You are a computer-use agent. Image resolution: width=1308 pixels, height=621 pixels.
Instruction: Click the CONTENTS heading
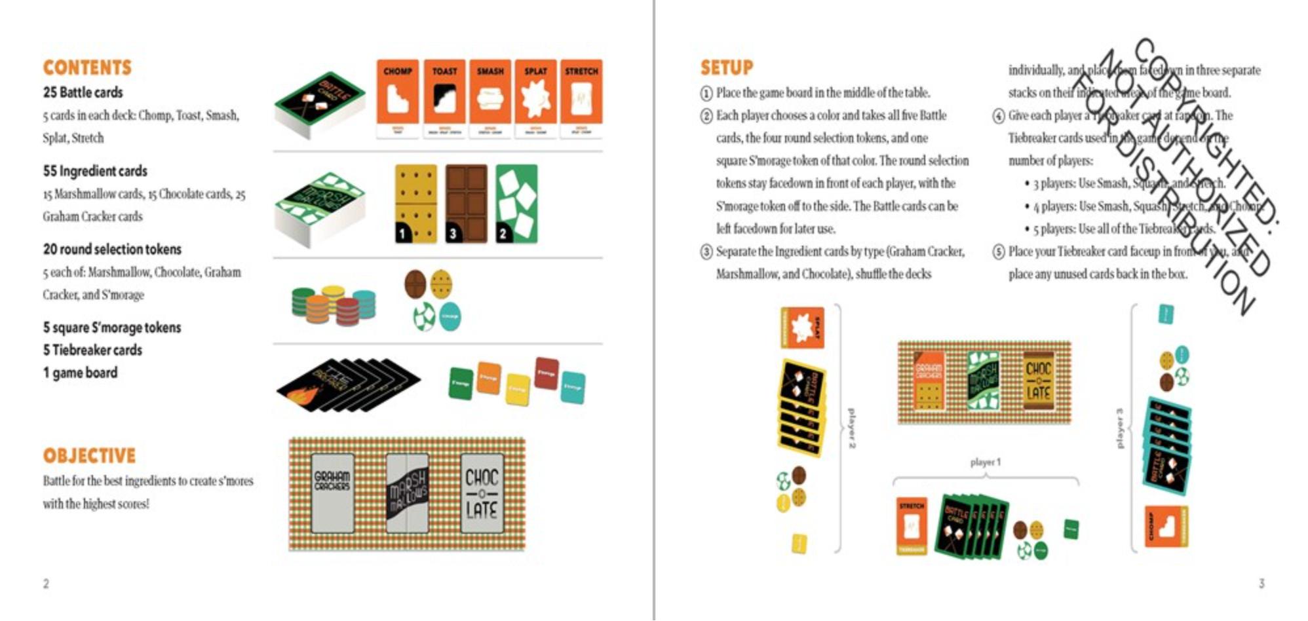(87, 67)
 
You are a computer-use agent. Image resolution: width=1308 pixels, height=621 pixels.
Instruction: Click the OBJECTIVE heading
(89, 455)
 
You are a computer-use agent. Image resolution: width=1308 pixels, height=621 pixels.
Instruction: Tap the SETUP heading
(726, 67)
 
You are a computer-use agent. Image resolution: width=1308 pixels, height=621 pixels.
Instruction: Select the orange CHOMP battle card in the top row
(397, 98)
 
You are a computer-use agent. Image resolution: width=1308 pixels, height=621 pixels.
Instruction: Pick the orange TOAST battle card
(444, 98)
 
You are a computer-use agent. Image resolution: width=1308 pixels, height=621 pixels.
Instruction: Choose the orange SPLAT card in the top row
(535, 98)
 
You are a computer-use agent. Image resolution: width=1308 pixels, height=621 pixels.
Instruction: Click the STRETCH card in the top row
(581, 98)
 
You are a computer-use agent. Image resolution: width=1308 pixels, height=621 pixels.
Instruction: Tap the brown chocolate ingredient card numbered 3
(466, 204)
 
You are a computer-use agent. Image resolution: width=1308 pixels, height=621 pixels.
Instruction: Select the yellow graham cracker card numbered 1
(415, 204)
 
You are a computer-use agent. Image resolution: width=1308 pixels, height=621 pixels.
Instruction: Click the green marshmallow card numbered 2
(516, 204)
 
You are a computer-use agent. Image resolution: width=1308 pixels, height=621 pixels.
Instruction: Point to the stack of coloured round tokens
(334, 306)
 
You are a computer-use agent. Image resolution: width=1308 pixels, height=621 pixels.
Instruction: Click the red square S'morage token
(547, 374)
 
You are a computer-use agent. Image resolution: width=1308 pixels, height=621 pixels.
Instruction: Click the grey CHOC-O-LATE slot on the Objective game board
(482, 493)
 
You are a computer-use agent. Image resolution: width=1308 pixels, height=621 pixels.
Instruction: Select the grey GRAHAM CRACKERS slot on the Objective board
(332, 493)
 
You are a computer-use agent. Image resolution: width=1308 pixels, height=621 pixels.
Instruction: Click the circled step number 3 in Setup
(706, 252)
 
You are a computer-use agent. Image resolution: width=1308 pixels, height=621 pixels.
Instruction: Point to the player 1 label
(985, 462)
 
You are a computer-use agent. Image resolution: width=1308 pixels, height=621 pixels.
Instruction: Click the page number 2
(46, 583)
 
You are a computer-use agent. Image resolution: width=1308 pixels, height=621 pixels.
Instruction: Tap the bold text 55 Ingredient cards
(95, 171)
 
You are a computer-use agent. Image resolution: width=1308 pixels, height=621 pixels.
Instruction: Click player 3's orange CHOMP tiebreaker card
(1166, 527)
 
